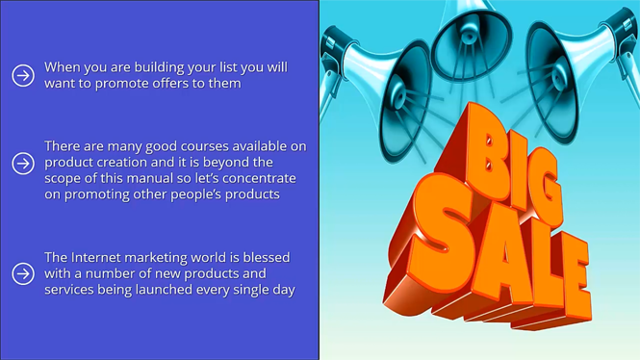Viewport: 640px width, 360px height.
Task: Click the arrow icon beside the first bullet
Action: click(x=23, y=75)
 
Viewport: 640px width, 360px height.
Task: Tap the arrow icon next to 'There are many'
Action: click(x=23, y=164)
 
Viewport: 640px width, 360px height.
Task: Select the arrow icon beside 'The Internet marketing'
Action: click(x=23, y=273)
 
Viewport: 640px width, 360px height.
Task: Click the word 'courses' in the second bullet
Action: click(x=205, y=146)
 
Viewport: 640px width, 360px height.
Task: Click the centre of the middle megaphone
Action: click(x=470, y=39)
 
